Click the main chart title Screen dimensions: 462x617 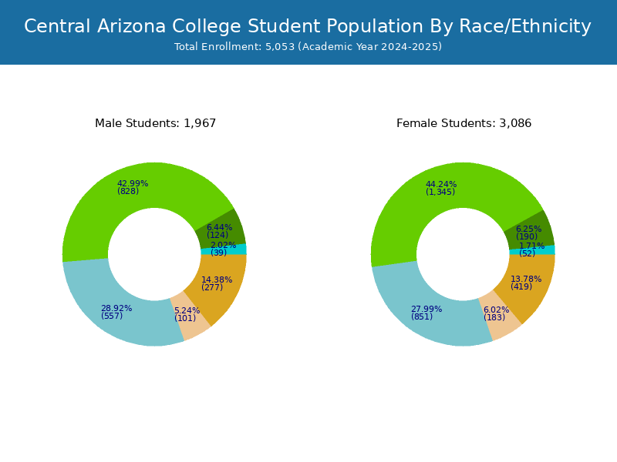(x=308, y=27)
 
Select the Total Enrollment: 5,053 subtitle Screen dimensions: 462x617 (x=308, y=47)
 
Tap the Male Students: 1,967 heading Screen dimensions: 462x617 (x=155, y=123)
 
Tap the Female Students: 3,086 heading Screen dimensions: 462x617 (x=464, y=123)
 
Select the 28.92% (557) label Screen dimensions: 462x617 (x=116, y=312)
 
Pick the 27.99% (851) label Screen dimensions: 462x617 (x=426, y=313)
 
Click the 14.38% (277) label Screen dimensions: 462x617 (x=216, y=283)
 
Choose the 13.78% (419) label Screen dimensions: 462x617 (x=525, y=283)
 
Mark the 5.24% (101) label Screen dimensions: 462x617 (x=186, y=314)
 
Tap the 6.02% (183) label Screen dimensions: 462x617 (x=496, y=313)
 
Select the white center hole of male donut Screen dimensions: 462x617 (x=154, y=254)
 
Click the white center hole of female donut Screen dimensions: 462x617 (x=463, y=254)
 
